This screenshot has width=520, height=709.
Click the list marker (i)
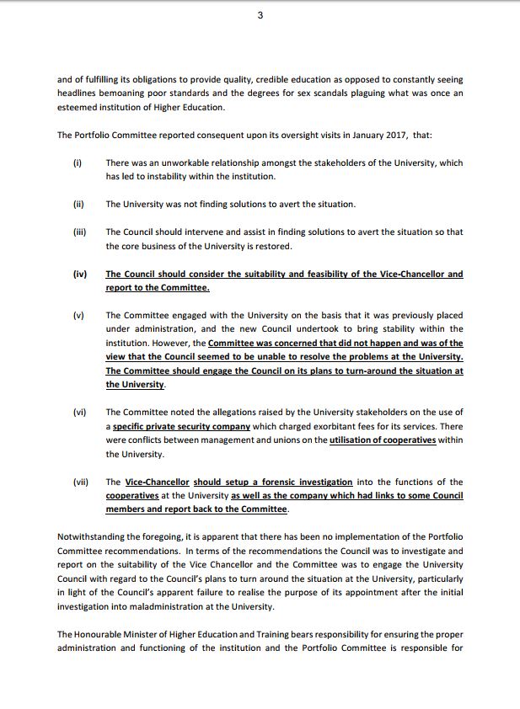click(x=77, y=163)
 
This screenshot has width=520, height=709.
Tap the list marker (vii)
click(x=81, y=482)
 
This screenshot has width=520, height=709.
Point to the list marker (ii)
click(x=78, y=204)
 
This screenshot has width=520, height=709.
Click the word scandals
click(x=322, y=93)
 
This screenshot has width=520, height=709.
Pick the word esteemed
click(x=81, y=107)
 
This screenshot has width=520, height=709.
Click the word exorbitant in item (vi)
click(x=312, y=426)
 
